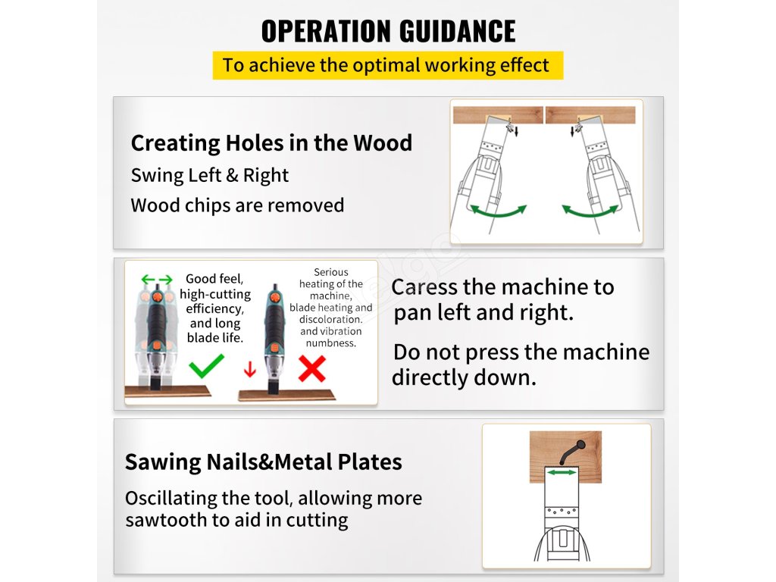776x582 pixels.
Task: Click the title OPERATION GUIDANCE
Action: click(x=388, y=30)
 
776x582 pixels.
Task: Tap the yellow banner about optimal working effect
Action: click(x=388, y=65)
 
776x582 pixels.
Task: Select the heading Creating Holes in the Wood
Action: click(x=271, y=143)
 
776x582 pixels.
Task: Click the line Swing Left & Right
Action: click(x=209, y=175)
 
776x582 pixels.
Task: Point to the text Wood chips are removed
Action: click(x=237, y=205)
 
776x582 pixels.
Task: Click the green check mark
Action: click(x=206, y=366)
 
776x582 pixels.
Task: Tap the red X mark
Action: click(x=312, y=369)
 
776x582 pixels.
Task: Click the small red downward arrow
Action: click(x=250, y=369)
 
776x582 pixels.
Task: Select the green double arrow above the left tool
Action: click(x=157, y=280)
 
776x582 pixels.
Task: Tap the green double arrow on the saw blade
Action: click(x=562, y=473)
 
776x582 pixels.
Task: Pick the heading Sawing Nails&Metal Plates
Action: click(x=263, y=462)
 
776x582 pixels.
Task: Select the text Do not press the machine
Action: click(x=521, y=352)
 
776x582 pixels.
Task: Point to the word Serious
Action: click(x=331, y=272)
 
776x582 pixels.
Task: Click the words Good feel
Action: click(x=214, y=279)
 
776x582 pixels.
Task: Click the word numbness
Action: click(x=330, y=343)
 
